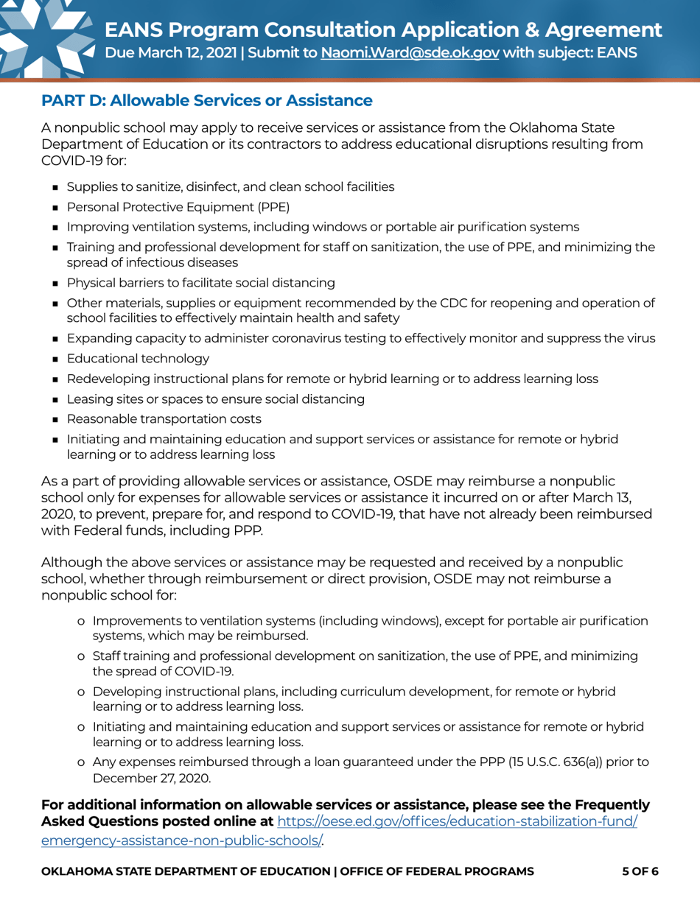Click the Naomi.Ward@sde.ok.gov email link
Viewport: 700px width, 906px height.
click(x=410, y=54)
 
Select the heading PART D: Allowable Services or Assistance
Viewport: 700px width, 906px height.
click(x=206, y=99)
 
